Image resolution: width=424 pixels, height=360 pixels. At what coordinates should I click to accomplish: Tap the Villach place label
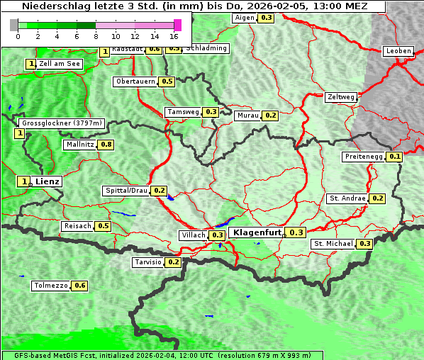pyautogui.click(x=193, y=235)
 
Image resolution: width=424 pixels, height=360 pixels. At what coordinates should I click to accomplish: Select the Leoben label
pyautogui.click(x=398, y=51)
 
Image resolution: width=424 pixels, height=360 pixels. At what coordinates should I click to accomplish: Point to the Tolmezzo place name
pyautogui.click(x=51, y=286)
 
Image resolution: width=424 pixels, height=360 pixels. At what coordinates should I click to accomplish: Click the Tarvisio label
pyautogui.click(x=148, y=262)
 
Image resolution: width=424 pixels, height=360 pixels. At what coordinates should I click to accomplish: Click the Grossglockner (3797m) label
pyautogui.click(x=62, y=123)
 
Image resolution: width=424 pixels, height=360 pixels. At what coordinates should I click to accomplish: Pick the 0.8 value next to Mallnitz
pyautogui.click(x=106, y=145)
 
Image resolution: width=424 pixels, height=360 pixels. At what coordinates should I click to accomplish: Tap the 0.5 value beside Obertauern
pyautogui.click(x=167, y=81)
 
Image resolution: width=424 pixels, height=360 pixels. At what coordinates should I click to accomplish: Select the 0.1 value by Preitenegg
pyautogui.click(x=395, y=157)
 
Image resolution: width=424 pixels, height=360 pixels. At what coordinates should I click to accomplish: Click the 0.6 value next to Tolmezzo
pyautogui.click(x=80, y=286)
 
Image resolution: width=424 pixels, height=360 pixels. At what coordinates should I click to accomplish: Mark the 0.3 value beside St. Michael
pyautogui.click(x=364, y=244)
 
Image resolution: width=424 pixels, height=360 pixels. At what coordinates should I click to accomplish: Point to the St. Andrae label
pyautogui.click(x=347, y=198)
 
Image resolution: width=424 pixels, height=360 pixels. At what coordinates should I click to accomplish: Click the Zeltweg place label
pyautogui.click(x=341, y=97)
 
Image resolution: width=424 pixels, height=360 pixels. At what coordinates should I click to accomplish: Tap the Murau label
pyautogui.click(x=248, y=115)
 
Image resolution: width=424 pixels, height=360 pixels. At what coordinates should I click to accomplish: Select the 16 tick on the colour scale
pyautogui.click(x=174, y=35)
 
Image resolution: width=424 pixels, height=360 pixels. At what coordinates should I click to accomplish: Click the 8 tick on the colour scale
pyautogui.click(x=96, y=35)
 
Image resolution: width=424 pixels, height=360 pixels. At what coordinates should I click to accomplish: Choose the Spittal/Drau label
pyautogui.click(x=126, y=191)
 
